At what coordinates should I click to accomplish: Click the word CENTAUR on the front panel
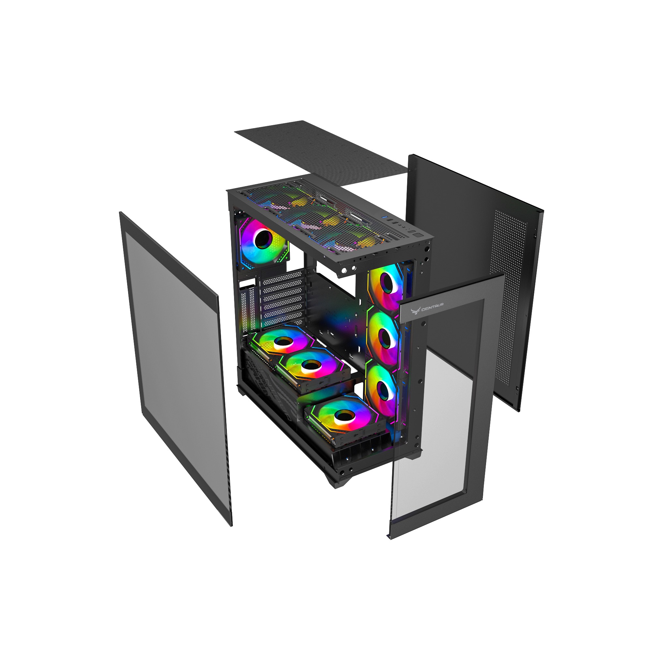click(432, 306)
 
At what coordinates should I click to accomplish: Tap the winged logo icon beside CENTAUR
click(415, 309)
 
